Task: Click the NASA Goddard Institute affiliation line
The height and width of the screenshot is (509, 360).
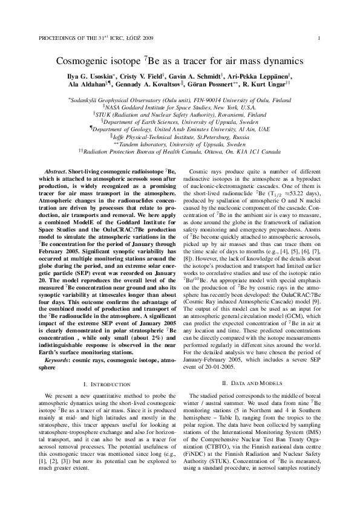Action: pos(180,105)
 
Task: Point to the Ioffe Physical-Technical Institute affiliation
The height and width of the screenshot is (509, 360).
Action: pos(180,136)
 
